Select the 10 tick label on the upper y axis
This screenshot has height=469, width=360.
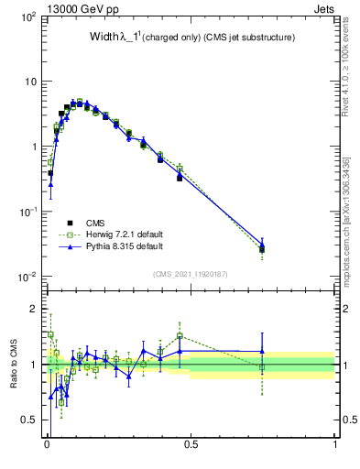(30, 82)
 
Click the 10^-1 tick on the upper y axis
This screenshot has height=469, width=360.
(27, 212)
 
